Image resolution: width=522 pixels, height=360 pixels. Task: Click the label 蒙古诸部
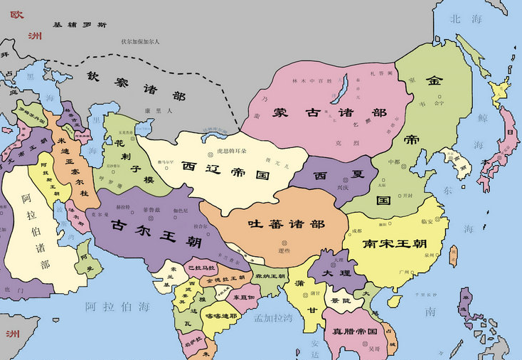pyautogui.click(x=320, y=114)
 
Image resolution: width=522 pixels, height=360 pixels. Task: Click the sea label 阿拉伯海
pyautogui.click(x=118, y=307)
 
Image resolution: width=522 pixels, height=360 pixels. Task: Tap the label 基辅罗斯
pyautogui.click(x=80, y=25)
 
